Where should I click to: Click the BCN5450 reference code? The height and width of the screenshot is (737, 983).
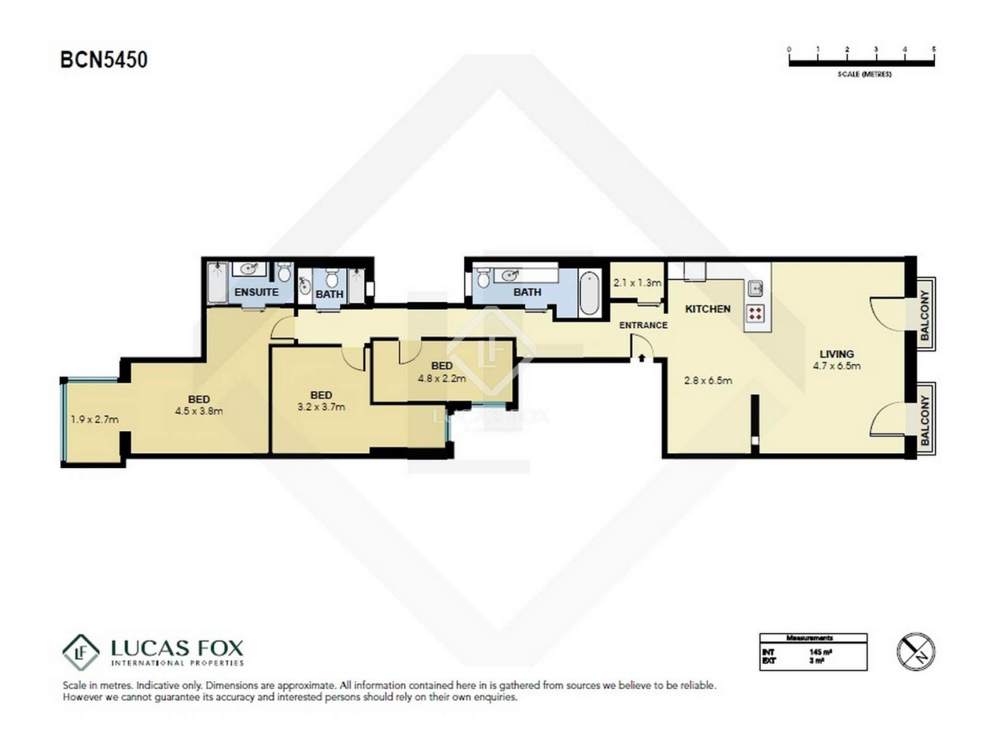104,60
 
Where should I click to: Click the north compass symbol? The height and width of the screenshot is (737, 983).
916,652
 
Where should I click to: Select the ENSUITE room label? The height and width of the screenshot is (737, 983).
256,293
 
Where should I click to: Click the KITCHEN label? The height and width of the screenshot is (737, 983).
707,309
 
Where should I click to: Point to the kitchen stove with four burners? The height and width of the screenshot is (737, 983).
755,313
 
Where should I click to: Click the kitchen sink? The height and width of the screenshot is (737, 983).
755,288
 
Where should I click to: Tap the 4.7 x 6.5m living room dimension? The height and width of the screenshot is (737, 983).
836,366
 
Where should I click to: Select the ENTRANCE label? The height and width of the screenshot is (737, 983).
643,325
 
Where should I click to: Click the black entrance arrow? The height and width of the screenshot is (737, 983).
642,358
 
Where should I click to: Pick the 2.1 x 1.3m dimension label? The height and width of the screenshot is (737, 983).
637,282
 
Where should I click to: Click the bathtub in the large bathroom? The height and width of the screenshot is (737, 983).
590,294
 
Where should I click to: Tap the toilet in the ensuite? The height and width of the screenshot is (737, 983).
284,273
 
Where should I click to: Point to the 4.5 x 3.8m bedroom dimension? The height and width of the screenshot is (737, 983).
198,411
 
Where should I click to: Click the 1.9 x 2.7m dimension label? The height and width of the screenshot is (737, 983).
94,419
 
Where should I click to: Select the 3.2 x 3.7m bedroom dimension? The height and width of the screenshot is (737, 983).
321,407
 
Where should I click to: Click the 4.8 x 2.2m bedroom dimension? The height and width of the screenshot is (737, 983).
442,378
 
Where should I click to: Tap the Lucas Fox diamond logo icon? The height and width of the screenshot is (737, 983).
80,652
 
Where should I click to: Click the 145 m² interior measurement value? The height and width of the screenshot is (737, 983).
820,652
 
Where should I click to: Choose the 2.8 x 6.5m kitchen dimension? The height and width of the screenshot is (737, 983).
708,381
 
